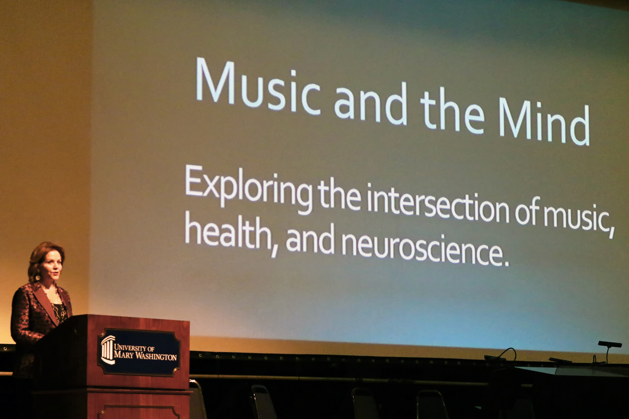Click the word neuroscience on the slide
pyautogui.click(x=422, y=248)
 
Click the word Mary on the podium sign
pyautogui.click(x=123, y=355)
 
